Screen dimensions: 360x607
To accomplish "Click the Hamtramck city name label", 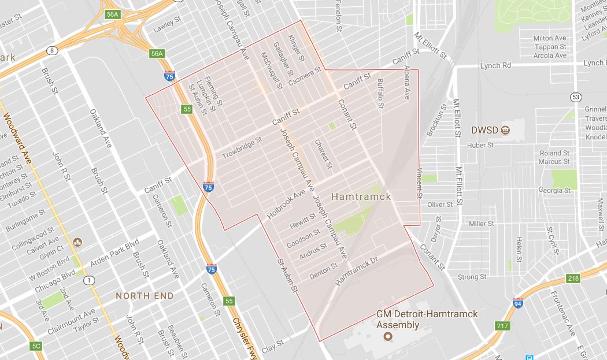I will pos(361,196).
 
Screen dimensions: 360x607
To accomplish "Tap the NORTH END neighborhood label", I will pos(145,296).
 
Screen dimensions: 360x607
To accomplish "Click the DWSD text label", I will pos(484,129).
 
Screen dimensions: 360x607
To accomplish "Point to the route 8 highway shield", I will pos(53,50).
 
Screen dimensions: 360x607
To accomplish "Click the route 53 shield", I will pos(575,97).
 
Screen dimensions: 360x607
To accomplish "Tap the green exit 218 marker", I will pos(573,279).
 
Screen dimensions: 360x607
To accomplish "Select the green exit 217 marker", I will pos(502,326).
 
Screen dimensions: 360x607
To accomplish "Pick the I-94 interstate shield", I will pos(519,302).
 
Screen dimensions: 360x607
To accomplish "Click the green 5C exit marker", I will pos(36,346).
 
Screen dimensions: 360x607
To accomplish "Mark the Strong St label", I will pos(468,277).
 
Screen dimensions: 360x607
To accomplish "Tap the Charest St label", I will pos(323,153).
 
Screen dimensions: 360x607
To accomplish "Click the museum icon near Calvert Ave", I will pos(77,242).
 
